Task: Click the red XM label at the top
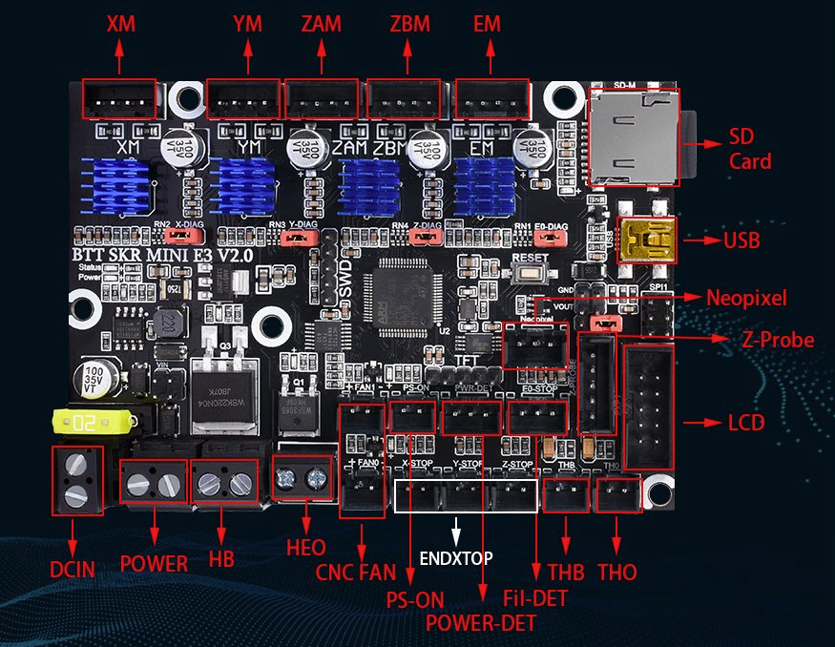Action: pos(120,24)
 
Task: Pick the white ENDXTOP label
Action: pos(457,556)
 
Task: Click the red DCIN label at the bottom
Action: pos(73,570)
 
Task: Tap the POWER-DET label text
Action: pos(481,622)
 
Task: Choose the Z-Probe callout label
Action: pos(778,340)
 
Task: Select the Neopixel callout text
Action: pos(746,299)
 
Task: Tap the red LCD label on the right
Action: pos(745,422)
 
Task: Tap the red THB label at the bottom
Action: pos(566,573)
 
